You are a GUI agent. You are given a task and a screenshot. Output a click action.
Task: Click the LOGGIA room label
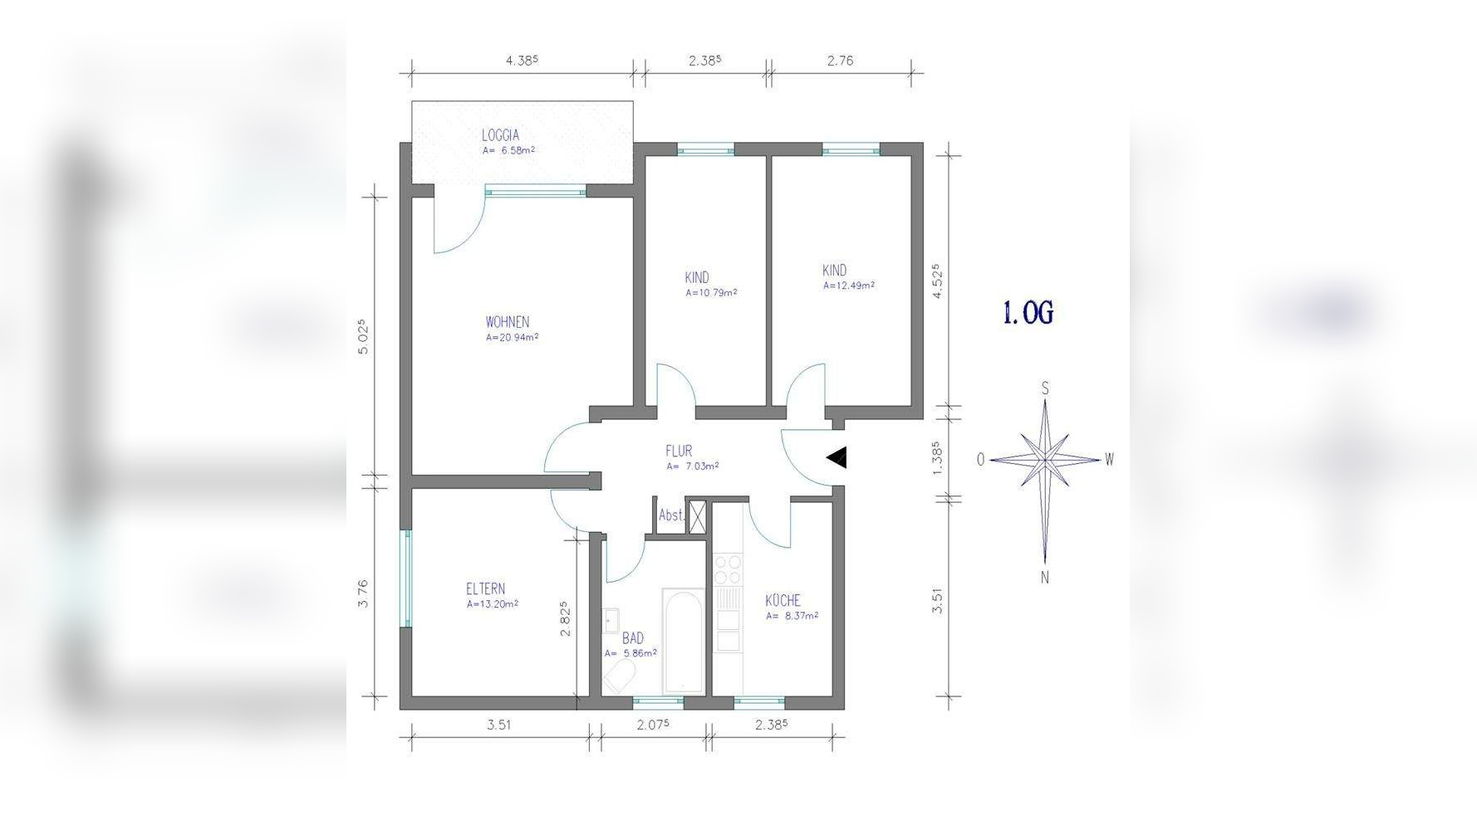(x=500, y=135)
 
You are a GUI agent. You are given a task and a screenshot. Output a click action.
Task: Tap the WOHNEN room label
(x=508, y=322)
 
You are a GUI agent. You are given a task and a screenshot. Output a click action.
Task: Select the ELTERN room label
(x=485, y=589)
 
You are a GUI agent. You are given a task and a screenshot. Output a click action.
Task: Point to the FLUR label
(x=679, y=452)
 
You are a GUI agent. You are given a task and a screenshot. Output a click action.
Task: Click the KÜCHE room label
(x=783, y=600)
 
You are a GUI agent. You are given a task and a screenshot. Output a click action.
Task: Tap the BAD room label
(x=633, y=638)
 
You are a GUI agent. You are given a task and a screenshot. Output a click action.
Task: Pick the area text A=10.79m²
(x=711, y=293)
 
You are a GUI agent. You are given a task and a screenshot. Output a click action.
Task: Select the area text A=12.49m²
(x=849, y=286)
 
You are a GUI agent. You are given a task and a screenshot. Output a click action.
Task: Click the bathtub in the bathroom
(x=684, y=642)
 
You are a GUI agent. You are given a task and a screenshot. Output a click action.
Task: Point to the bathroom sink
(x=611, y=621)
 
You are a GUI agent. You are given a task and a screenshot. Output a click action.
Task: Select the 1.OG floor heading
(x=1028, y=313)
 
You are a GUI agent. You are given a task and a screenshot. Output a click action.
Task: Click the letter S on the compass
(x=1045, y=388)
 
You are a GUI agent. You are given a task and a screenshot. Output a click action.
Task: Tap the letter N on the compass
(x=1045, y=578)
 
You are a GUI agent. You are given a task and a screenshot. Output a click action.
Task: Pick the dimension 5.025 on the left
(x=362, y=337)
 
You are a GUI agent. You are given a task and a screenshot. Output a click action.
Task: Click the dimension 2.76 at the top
(x=840, y=61)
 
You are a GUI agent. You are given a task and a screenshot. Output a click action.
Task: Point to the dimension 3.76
(x=362, y=593)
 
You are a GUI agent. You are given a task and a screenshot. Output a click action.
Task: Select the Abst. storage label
(x=671, y=515)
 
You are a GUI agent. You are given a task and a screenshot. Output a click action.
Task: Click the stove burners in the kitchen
(x=728, y=569)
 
